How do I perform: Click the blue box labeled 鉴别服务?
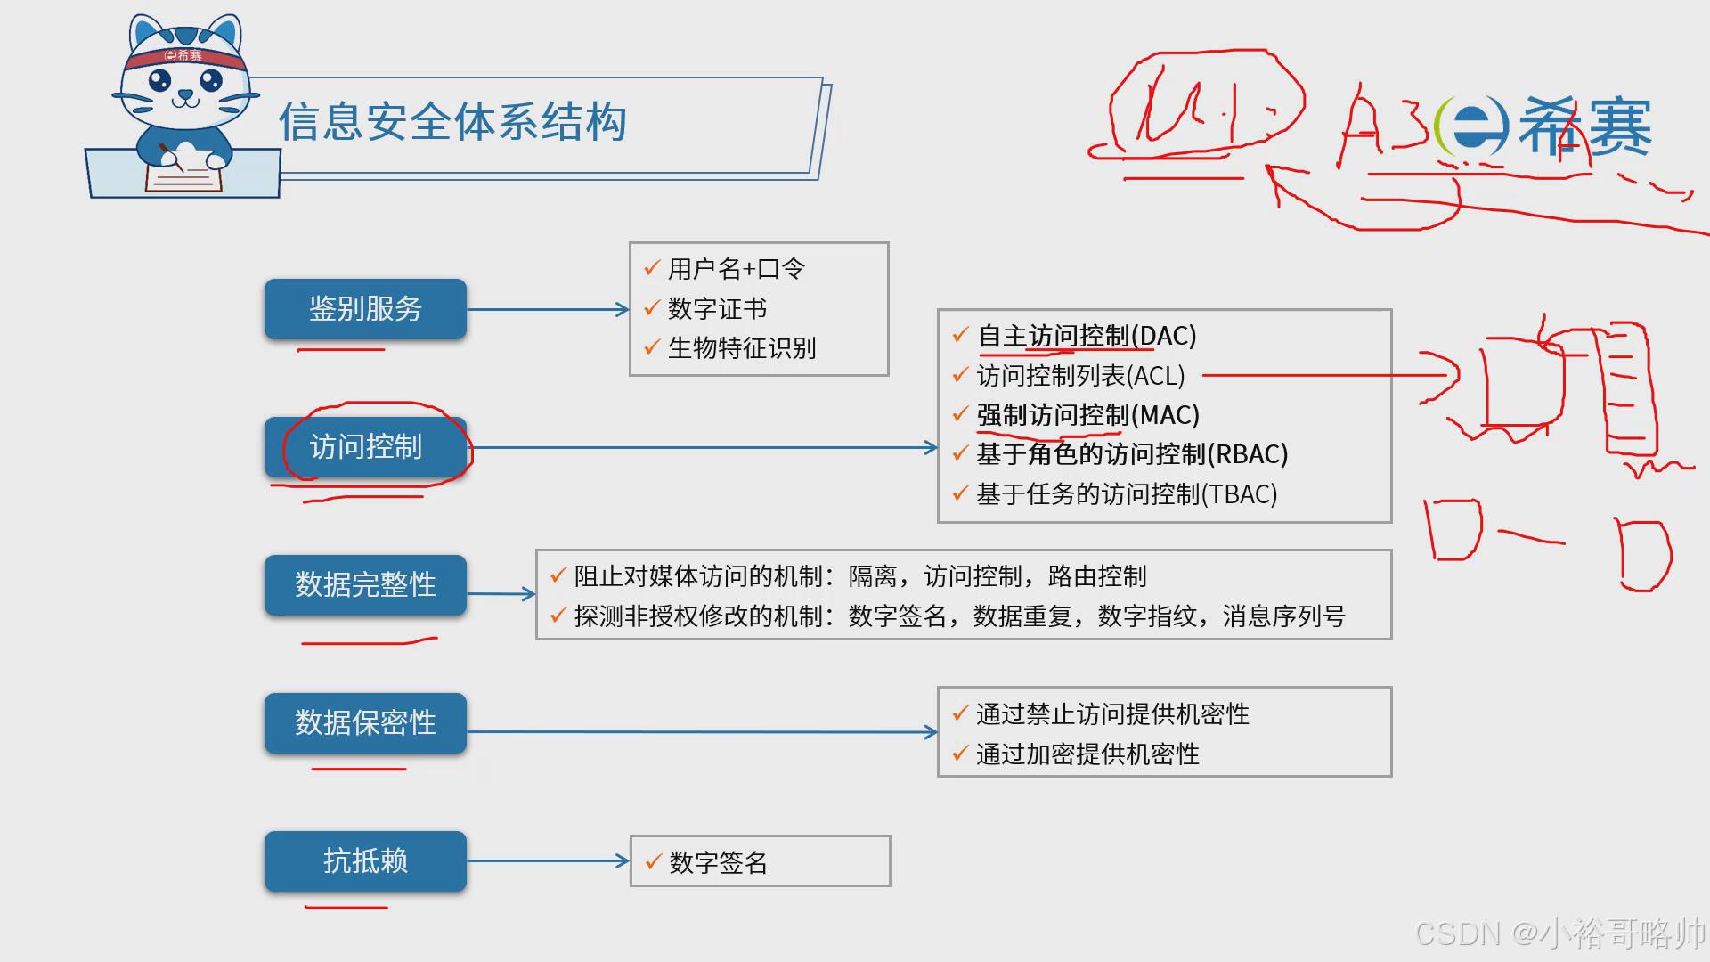[365, 309]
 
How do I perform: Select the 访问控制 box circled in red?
[365, 447]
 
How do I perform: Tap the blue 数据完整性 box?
[365, 585]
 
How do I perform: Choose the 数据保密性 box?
[365, 722]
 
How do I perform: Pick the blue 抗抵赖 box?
[365, 861]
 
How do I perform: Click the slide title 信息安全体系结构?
[452, 122]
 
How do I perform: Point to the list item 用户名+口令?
[736, 268]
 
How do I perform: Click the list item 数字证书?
[717, 308]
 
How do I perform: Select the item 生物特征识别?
[741, 348]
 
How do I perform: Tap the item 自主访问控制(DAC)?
[1087, 336]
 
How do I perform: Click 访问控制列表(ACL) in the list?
[1080, 376]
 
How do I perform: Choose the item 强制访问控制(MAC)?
[1087, 415]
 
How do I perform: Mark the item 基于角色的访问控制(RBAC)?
[1132, 454]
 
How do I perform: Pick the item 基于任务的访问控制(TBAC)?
[1127, 494]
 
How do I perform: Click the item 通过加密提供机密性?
[1087, 754]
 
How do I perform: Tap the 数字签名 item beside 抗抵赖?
[718, 862]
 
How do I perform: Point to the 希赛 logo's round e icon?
[1474, 126]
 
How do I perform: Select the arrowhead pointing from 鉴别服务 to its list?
[623, 310]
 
